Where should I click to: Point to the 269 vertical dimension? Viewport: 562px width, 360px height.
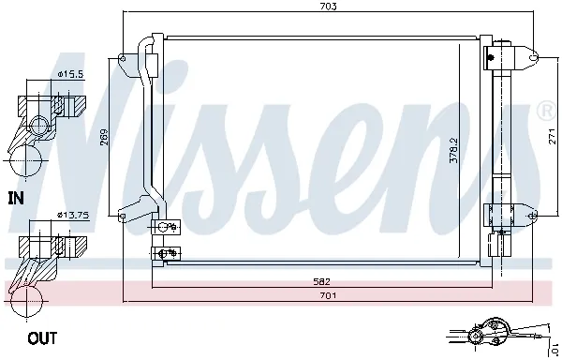(x=106, y=138)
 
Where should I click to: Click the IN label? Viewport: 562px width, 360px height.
(x=15, y=198)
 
